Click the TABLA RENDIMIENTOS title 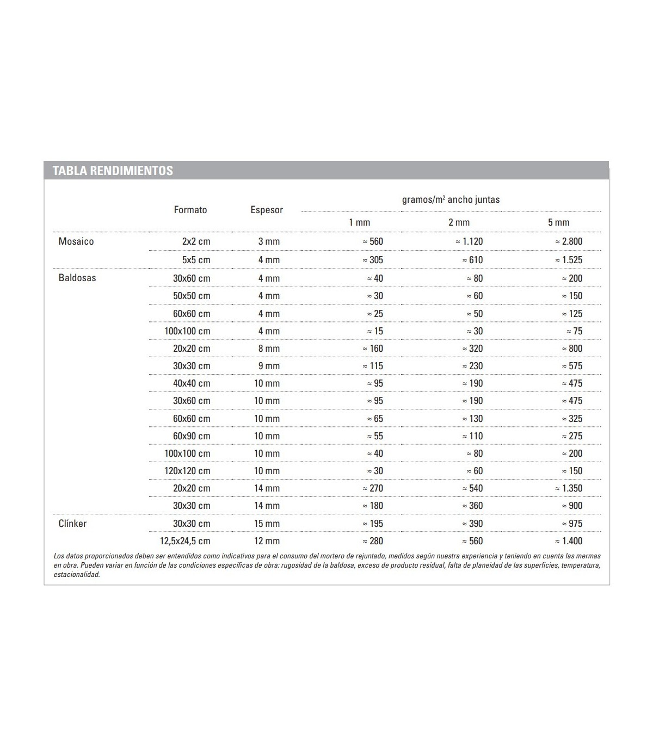pyautogui.click(x=113, y=171)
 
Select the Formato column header pyautogui.click(x=190, y=210)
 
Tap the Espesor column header pyautogui.click(x=267, y=210)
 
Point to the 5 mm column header pyautogui.click(x=558, y=222)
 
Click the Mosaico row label pyautogui.click(x=76, y=241)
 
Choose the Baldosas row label pyautogui.click(x=77, y=278)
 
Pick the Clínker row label pyautogui.click(x=72, y=524)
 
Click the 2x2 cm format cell pyautogui.click(x=196, y=241)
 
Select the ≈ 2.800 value pyautogui.click(x=569, y=241)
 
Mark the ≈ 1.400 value pyautogui.click(x=569, y=541)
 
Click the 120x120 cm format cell pyautogui.click(x=187, y=471)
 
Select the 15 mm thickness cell pyautogui.click(x=267, y=524)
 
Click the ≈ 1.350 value pyautogui.click(x=569, y=488)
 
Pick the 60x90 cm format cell pyautogui.click(x=192, y=436)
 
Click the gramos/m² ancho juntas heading pyautogui.click(x=451, y=200)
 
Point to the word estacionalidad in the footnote pyautogui.click(x=77, y=575)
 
